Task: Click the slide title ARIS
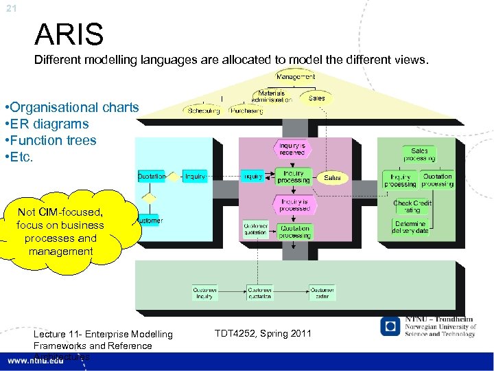(x=69, y=34)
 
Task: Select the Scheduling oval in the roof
(x=202, y=110)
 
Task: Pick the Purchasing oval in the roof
(x=247, y=110)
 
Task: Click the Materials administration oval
(x=275, y=97)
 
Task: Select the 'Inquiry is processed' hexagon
(x=294, y=204)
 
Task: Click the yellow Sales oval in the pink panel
(x=332, y=177)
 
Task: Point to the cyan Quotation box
(x=152, y=177)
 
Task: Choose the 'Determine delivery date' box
(x=411, y=227)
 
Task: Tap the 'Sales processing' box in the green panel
(x=419, y=155)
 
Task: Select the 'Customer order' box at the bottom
(x=322, y=293)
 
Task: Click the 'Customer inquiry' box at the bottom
(x=205, y=293)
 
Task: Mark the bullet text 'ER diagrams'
(x=47, y=124)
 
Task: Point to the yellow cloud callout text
(x=60, y=232)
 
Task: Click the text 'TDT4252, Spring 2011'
(x=263, y=334)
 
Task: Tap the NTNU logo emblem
(x=390, y=327)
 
